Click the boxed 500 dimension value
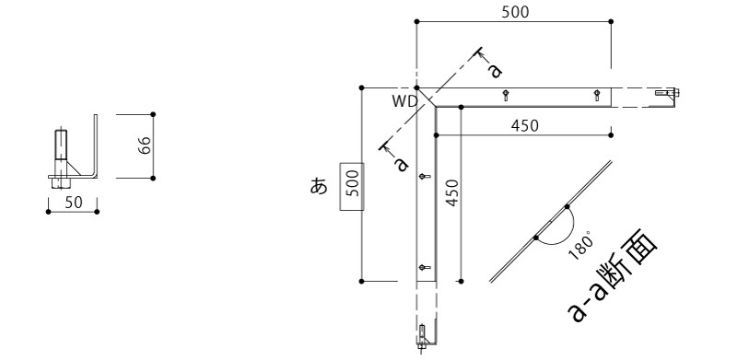[x=353, y=186]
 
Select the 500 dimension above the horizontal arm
[x=515, y=12]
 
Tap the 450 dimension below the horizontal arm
[x=524, y=126]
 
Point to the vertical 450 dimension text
[x=451, y=192]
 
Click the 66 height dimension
[x=145, y=145]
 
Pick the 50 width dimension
[x=74, y=202]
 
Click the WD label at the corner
[x=405, y=102]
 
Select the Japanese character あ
[x=319, y=187]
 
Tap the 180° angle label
[x=581, y=247]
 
